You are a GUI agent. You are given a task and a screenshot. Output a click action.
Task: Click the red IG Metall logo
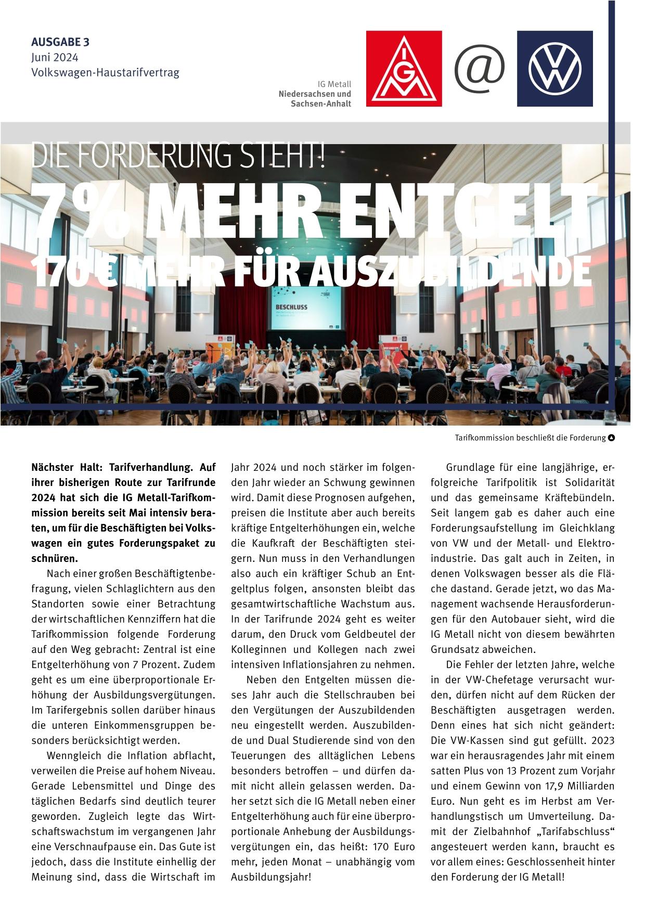[x=404, y=69]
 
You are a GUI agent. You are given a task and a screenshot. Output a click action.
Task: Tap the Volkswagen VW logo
[x=554, y=69]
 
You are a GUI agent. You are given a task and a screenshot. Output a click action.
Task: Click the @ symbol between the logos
[x=480, y=68]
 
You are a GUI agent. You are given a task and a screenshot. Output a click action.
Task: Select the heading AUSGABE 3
[x=60, y=42]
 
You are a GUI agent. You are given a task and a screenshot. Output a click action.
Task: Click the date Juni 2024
[x=55, y=57]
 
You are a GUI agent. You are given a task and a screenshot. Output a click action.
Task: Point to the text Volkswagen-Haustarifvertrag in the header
[x=105, y=72]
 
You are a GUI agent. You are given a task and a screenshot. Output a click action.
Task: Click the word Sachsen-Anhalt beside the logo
[x=321, y=104]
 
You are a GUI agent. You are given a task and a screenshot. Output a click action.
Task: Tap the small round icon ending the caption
[x=611, y=438]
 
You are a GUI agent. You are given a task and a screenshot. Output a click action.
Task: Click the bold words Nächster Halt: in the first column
[x=67, y=468]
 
